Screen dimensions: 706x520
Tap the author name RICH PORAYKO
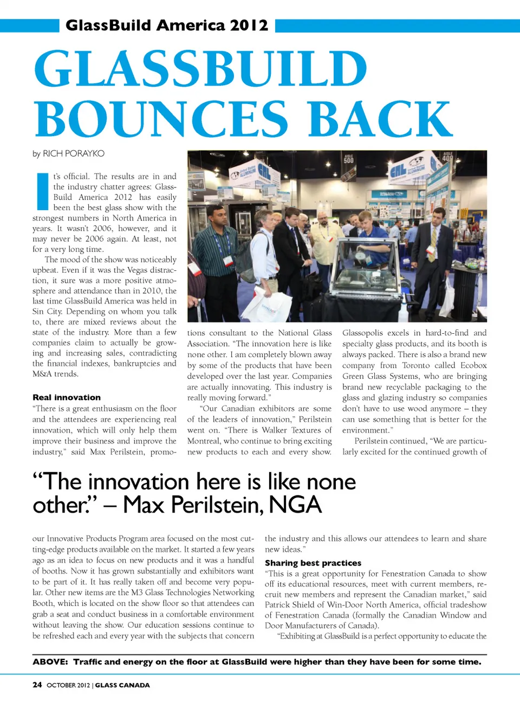pos(73,153)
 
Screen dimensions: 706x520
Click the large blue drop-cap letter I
pos(42,191)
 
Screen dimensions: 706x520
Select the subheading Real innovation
pos(67,397)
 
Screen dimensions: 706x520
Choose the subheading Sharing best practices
pos(313,563)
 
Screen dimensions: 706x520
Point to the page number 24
pos(37,685)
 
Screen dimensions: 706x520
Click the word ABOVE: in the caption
pos(50,662)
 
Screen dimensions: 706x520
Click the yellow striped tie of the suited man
pos(432,244)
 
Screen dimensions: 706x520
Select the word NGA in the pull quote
pos(295,505)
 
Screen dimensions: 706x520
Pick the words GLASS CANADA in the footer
pos(122,685)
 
